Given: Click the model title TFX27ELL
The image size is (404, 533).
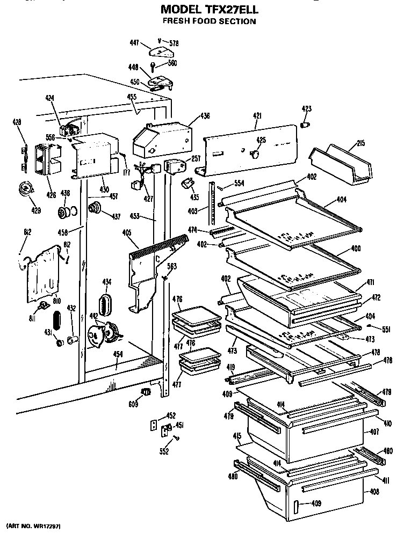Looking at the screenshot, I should (209, 10).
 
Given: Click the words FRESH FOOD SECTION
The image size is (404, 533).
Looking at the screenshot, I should (209, 21).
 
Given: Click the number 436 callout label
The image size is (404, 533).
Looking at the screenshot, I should (205, 116).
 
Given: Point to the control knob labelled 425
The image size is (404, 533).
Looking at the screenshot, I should (255, 155).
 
